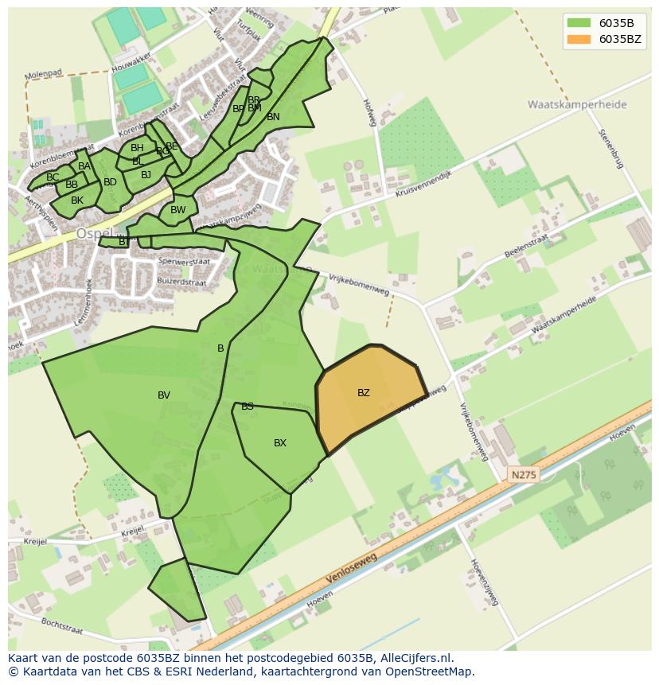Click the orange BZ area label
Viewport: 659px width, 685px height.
364,393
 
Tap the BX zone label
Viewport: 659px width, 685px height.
280,443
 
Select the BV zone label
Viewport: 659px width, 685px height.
164,395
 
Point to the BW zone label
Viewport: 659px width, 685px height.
178,211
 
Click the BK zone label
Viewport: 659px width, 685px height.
77,200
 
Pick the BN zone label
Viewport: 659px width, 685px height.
273,117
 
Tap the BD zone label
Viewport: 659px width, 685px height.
110,182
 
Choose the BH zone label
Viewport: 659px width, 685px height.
137,148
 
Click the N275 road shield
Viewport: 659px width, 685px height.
524,475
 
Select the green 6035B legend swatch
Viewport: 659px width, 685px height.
579,23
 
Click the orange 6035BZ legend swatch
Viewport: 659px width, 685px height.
579,39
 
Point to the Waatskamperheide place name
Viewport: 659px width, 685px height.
576,104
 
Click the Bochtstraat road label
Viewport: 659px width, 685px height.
61,625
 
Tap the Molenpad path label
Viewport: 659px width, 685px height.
43,75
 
